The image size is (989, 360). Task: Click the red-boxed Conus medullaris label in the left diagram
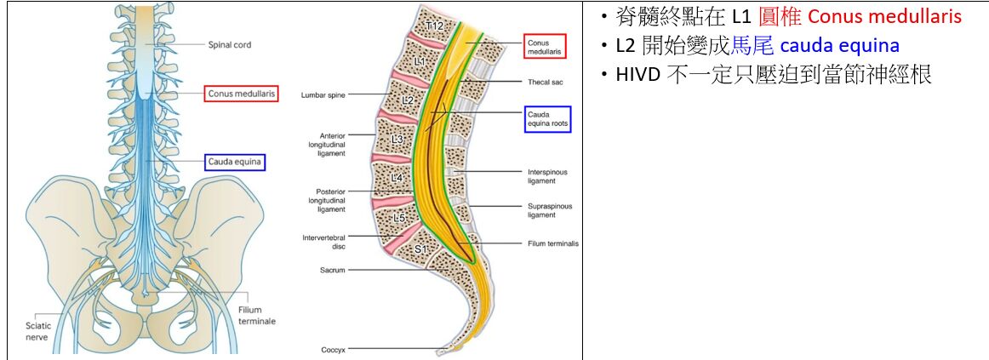pyautogui.click(x=241, y=94)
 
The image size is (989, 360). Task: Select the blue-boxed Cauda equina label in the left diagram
pyautogui.click(x=235, y=162)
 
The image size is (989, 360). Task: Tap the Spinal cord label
pyautogui.click(x=230, y=44)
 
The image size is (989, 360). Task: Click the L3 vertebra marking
pyautogui.click(x=397, y=139)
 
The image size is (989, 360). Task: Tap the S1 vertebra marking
pyautogui.click(x=420, y=249)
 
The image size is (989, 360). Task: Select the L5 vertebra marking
pyautogui.click(x=399, y=217)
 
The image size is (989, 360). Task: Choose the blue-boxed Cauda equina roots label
pyautogui.click(x=547, y=119)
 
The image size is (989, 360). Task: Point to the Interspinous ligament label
pyautogui.click(x=546, y=176)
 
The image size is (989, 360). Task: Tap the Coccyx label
pyautogui.click(x=333, y=349)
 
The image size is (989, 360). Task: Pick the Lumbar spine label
pyautogui.click(x=323, y=95)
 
